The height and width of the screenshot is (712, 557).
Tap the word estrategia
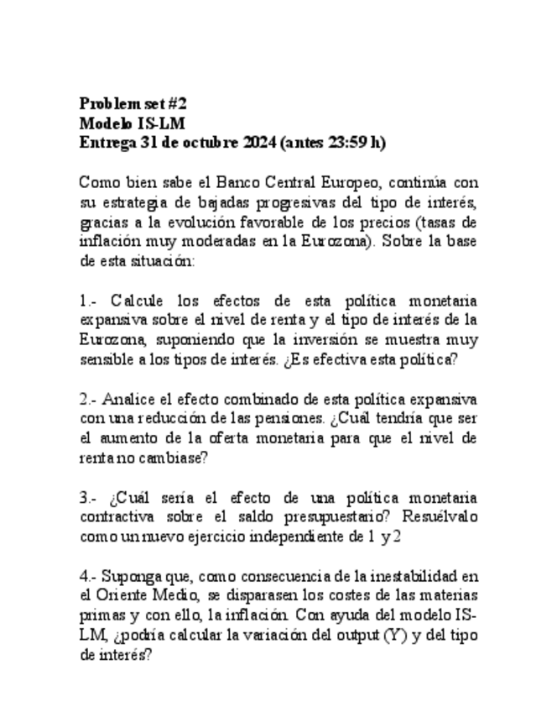tap(133, 202)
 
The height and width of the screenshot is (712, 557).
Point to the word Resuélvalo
tap(435, 518)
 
